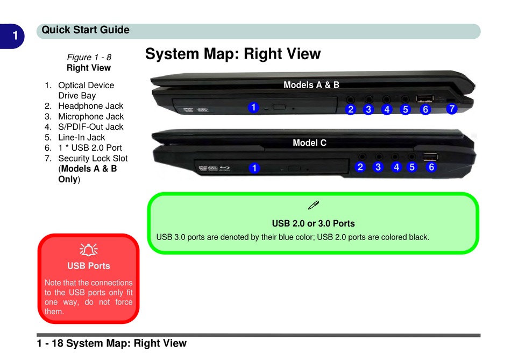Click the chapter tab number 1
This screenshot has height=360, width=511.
[16, 36]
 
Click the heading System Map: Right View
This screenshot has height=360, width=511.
[233, 54]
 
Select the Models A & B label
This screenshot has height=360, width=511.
[311, 84]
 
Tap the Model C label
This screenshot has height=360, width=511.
[309, 143]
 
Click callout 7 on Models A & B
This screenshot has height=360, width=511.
[452, 109]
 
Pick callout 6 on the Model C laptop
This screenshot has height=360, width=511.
[431, 167]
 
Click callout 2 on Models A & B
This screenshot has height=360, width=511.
[351, 110]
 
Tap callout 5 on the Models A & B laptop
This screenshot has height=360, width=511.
[406, 110]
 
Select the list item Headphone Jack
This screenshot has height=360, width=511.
[90, 106]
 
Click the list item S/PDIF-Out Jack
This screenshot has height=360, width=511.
[90, 127]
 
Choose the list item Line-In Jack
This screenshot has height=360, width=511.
[81, 137]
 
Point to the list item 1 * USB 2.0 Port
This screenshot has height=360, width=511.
[90, 147]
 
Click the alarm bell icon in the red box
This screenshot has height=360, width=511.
[88, 249]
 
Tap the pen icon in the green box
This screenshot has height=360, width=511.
[314, 204]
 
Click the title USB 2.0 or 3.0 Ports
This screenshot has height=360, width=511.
[313, 223]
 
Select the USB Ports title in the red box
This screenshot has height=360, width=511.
[88, 266]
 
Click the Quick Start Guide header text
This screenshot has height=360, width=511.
[86, 30]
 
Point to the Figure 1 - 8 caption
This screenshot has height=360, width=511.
[89, 57]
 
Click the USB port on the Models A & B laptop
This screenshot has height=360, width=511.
[424, 98]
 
